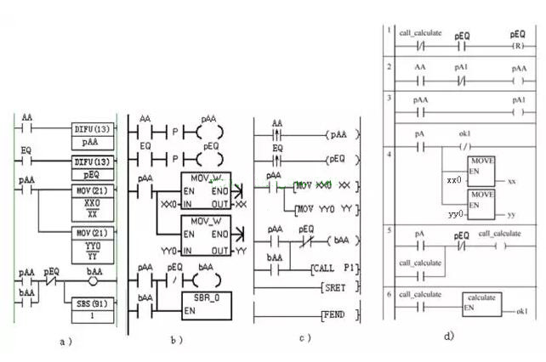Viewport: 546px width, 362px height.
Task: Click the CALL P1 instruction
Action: click(336, 269)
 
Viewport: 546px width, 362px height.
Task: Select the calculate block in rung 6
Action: click(481, 302)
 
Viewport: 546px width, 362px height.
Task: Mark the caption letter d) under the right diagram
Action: click(448, 337)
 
